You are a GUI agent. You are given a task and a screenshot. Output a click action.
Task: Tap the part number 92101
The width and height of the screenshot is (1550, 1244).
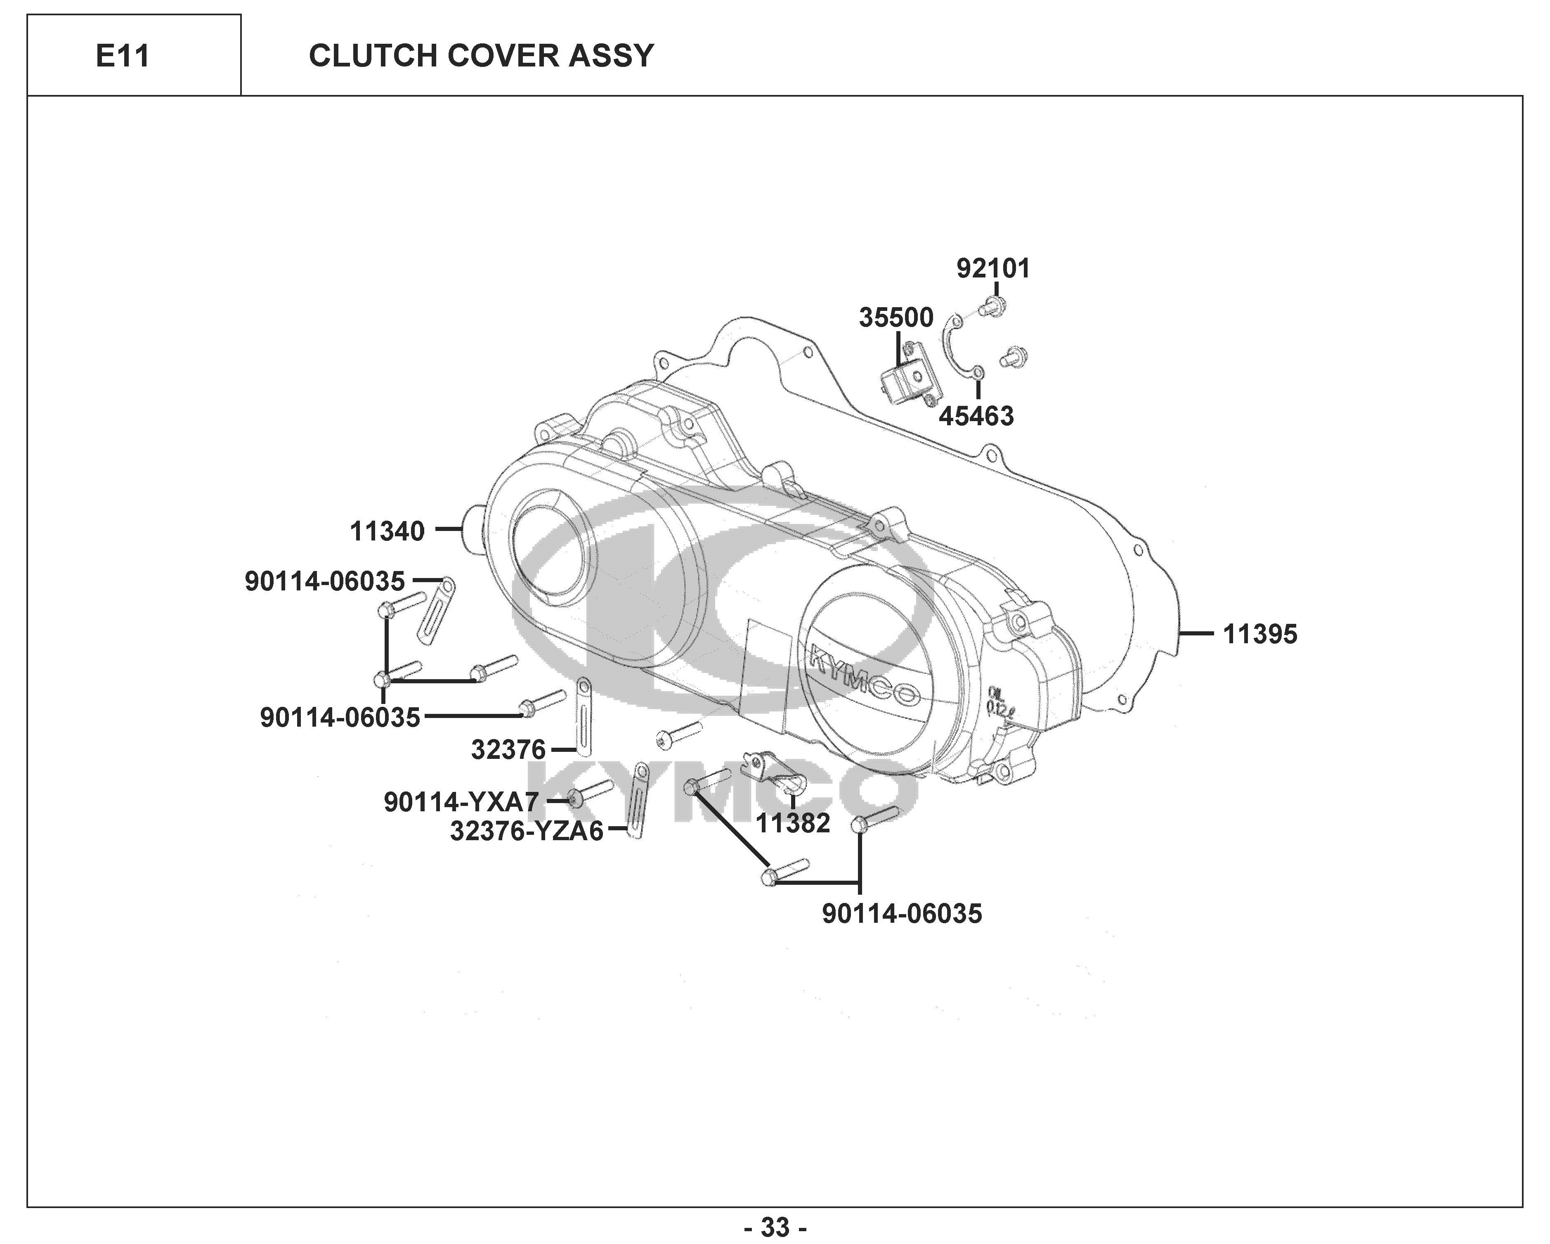pyautogui.click(x=993, y=269)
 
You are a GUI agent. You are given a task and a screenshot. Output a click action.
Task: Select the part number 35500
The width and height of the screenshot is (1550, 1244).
pyautogui.click(x=896, y=317)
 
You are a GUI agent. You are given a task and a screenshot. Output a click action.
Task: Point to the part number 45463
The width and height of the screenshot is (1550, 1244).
pyautogui.click(x=976, y=416)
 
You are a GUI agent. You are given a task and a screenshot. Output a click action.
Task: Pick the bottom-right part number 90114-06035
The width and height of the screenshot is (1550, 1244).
pyautogui.click(x=902, y=914)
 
